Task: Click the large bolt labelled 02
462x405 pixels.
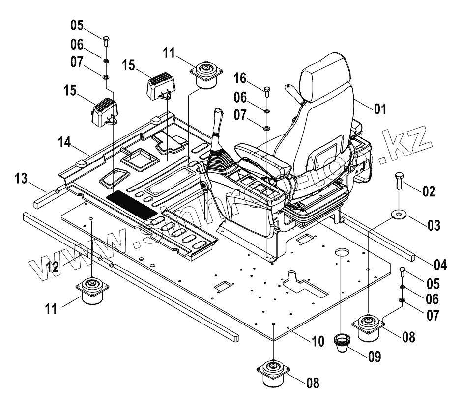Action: click(399, 183)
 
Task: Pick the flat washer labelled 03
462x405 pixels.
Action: click(399, 214)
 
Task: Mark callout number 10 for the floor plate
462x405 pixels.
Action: click(318, 341)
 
